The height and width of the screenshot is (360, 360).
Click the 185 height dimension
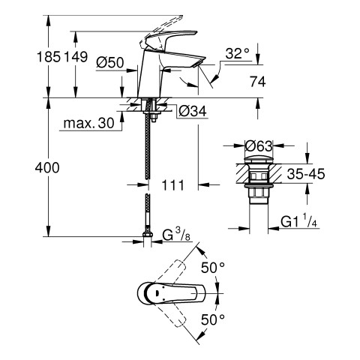(x=49, y=57)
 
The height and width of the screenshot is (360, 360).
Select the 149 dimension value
(x=76, y=57)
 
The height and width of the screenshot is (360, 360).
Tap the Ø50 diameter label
(x=110, y=62)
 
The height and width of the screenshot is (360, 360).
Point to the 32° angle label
(x=238, y=53)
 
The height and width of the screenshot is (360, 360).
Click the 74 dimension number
(x=258, y=82)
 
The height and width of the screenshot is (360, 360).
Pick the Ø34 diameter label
(x=193, y=111)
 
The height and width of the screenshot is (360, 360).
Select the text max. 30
(x=88, y=123)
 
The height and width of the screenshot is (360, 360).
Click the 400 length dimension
(x=47, y=168)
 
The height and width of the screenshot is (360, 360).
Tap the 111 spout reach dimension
(x=172, y=185)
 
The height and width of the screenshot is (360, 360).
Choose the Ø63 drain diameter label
(x=259, y=146)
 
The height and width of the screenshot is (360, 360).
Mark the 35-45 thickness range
(x=306, y=174)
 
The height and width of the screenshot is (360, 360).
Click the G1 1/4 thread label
(x=299, y=221)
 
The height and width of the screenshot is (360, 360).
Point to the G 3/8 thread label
(x=176, y=235)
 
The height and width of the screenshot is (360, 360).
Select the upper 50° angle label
(x=213, y=268)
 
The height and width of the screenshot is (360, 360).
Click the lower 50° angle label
(x=213, y=319)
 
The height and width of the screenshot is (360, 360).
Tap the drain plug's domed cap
(x=259, y=160)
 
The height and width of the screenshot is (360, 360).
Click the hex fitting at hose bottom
(x=148, y=235)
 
